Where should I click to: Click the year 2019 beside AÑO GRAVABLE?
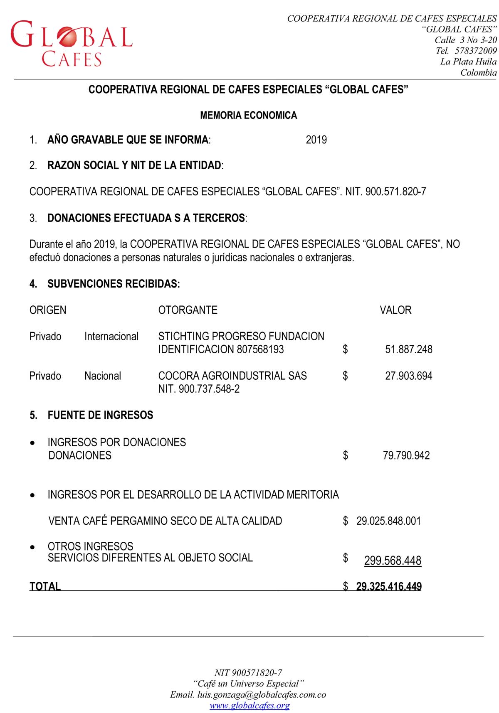(x=316, y=140)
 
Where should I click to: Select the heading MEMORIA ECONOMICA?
(x=248, y=116)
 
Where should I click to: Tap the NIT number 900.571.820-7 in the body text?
(x=395, y=192)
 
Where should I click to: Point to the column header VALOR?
(x=395, y=310)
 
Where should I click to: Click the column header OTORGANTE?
(x=188, y=310)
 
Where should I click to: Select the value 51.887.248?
(x=408, y=349)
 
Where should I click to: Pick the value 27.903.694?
(x=408, y=376)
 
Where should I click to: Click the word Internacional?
(x=111, y=336)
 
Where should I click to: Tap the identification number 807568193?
(x=260, y=349)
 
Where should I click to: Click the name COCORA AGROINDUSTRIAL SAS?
(x=232, y=376)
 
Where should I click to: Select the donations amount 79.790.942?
(x=406, y=455)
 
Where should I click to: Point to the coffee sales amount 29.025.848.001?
(x=388, y=521)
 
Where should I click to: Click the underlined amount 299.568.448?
(x=393, y=561)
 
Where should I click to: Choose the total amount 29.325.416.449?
(x=389, y=586)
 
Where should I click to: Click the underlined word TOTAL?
(x=45, y=586)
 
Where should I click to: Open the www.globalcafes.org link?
(x=249, y=705)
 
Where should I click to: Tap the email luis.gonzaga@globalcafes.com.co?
(x=261, y=694)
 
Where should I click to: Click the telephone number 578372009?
(x=476, y=51)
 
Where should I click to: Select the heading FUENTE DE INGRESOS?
(x=100, y=415)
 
